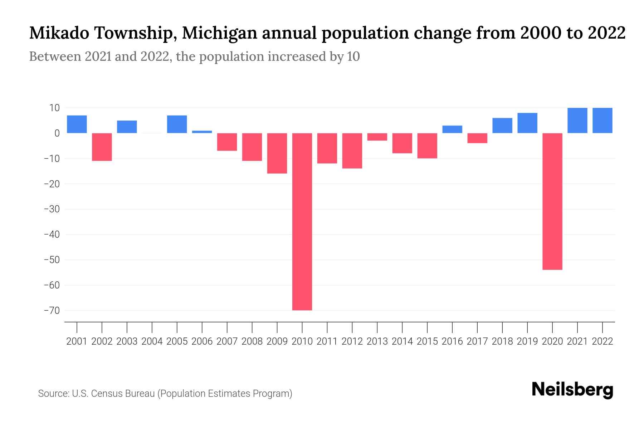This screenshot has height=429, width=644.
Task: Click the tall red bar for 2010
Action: pyautogui.click(x=302, y=222)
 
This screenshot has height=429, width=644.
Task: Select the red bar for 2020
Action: pyautogui.click(x=552, y=201)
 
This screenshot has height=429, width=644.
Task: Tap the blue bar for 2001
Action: pyautogui.click(x=77, y=124)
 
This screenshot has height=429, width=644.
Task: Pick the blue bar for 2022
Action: pyautogui.click(x=602, y=120)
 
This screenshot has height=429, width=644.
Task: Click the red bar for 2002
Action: pyautogui.click(x=102, y=147)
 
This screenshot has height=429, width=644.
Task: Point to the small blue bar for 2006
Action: pyautogui.click(x=202, y=132)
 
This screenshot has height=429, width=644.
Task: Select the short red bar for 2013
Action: pyautogui.click(x=377, y=137)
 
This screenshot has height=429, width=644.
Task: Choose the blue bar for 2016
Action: pyautogui.click(x=452, y=129)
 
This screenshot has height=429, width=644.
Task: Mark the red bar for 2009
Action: pyautogui.click(x=277, y=153)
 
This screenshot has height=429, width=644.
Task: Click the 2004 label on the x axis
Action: pyautogui.click(x=152, y=341)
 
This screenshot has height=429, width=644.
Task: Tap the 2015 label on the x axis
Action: pyautogui.click(x=427, y=341)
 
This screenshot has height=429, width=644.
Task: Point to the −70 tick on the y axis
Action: pyautogui.click(x=52, y=310)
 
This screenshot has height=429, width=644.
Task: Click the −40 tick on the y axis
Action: pyautogui.click(x=52, y=235)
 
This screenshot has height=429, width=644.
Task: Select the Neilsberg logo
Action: pyautogui.click(x=572, y=390)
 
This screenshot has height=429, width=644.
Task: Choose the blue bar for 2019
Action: pyautogui.click(x=527, y=123)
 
